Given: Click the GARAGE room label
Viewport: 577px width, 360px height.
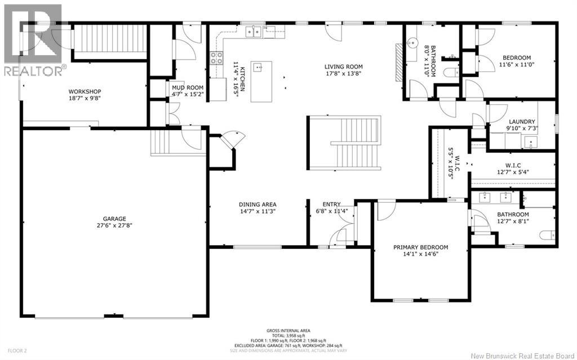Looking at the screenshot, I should tap(114, 219).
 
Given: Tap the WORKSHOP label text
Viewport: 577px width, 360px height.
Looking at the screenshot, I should tap(85, 91).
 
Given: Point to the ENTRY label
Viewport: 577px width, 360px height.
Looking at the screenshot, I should tap(331, 205).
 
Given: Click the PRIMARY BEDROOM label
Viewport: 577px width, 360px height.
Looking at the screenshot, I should tap(420, 247).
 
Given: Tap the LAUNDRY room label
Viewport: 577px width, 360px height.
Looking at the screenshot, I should tap(521, 121).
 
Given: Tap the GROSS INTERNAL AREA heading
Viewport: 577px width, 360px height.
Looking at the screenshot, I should tap(288, 330).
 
